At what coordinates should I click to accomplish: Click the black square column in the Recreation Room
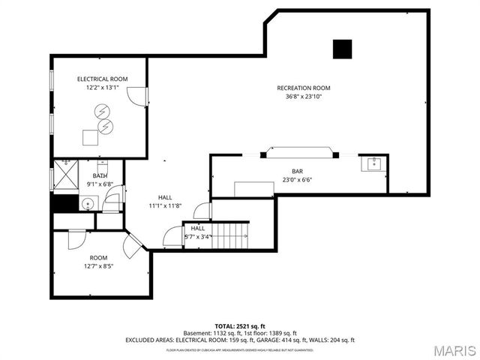[x=343, y=48]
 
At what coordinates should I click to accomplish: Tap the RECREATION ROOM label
[x=303, y=88]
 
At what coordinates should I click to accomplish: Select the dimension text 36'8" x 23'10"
[x=303, y=97]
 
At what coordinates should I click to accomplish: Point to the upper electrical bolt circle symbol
[x=100, y=112]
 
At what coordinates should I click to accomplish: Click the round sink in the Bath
[x=87, y=202]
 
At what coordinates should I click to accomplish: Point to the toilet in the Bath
[x=105, y=168]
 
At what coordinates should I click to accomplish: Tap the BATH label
[x=100, y=175]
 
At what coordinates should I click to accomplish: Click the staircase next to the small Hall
[x=232, y=235]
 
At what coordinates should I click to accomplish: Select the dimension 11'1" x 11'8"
[x=164, y=205]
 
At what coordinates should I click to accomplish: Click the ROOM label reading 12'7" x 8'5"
[x=99, y=257]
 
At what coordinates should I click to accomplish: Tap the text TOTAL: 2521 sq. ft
[x=239, y=326]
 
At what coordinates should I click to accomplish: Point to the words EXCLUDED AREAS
[x=152, y=340]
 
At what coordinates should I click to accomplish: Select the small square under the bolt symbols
[x=91, y=138]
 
